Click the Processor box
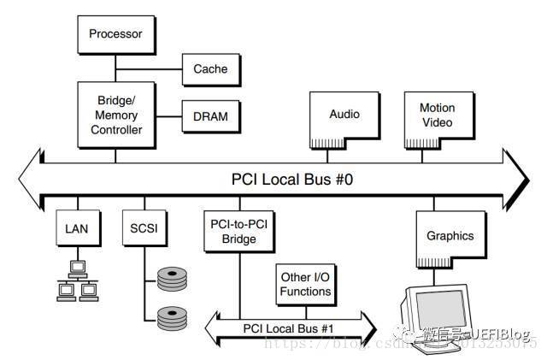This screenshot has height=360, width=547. tap(117, 35)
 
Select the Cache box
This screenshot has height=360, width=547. tap(209, 68)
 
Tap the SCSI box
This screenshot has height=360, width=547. tap(139, 229)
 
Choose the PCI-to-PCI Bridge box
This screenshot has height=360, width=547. tap(233, 232)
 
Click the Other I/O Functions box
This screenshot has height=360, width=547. tap(305, 285)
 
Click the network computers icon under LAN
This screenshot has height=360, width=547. tap(77, 281)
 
